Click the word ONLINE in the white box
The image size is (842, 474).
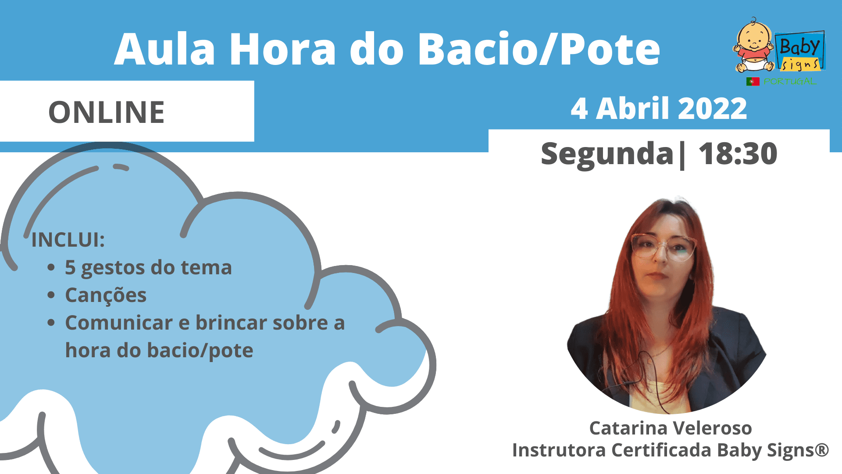107,112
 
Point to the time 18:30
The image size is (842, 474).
738,154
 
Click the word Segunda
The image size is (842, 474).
607,154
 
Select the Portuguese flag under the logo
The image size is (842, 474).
753,81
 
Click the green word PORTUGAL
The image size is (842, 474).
790,82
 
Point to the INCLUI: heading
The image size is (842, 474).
68,240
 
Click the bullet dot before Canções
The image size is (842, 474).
51,295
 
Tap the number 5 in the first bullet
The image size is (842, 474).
70,267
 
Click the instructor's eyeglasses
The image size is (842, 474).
663,248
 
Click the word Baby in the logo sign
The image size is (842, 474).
799,47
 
